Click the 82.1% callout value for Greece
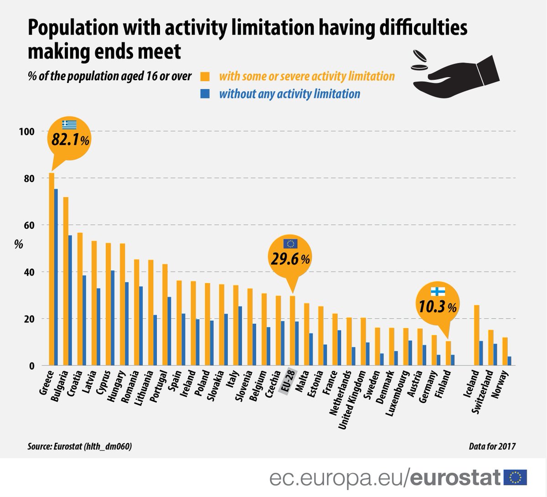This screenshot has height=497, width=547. pyautogui.click(x=70, y=140)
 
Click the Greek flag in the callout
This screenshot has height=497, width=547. pyautogui.click(x=70, y=124)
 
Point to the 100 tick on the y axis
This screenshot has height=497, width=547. pyautogui.click(x=26, y=132)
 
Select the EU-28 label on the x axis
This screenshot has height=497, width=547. pyautogui.click(x=288, y=382)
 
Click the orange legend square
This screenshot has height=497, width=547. pyautogui.click(x=205, y=76)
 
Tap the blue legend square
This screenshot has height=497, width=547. pyautogui.click(x=205, y=94)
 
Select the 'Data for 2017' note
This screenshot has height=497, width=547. pyautogui.click(x=492, y=446)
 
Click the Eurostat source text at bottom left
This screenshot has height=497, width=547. pyautogui.click(x=80, y=447)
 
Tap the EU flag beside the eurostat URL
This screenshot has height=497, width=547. pyautogui.click(x=516, y=477)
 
